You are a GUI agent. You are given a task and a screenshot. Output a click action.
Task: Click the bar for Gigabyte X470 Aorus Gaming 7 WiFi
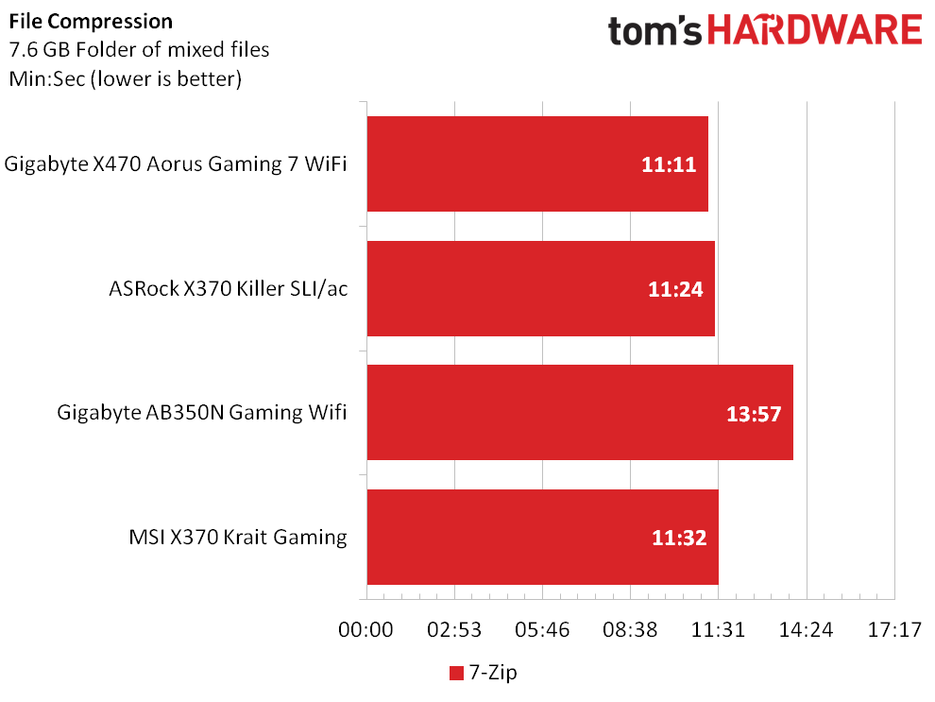point(537,164)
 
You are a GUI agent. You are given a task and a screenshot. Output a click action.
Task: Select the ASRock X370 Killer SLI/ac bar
point(541,289)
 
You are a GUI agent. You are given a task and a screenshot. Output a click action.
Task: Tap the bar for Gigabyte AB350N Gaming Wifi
point(580,413)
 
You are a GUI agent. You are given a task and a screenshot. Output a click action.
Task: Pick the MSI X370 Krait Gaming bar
point(543,538)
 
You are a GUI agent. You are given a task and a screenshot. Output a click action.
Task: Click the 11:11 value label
point(669,164)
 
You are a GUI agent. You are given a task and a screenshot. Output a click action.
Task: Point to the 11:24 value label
point(675,289)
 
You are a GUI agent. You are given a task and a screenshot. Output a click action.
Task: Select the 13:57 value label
point(754,414)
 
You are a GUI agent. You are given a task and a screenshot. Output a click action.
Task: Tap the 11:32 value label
point(679,538)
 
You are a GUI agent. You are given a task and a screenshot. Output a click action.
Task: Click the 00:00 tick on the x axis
point(365,630)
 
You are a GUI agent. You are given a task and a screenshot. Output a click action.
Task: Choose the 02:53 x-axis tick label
point(454,630)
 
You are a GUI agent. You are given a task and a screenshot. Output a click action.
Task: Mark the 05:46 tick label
point(542,630)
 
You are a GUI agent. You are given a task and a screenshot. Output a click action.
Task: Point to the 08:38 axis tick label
point(630,630)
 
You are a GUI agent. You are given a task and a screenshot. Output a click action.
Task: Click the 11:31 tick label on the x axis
point(718,630)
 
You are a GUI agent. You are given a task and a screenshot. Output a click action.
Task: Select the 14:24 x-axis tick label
point(807,630)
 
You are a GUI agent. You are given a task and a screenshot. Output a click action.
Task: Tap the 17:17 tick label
point(894,630)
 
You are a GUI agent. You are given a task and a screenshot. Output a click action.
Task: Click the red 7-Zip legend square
point(456,674)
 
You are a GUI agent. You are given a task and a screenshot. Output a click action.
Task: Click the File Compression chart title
point(91,22)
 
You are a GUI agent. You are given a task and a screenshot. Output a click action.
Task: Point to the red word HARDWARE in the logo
point(814,30)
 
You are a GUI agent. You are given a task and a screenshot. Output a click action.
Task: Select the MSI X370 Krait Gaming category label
point(238,538)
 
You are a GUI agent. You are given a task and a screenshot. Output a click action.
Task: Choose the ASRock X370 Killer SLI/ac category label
point(229,289)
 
